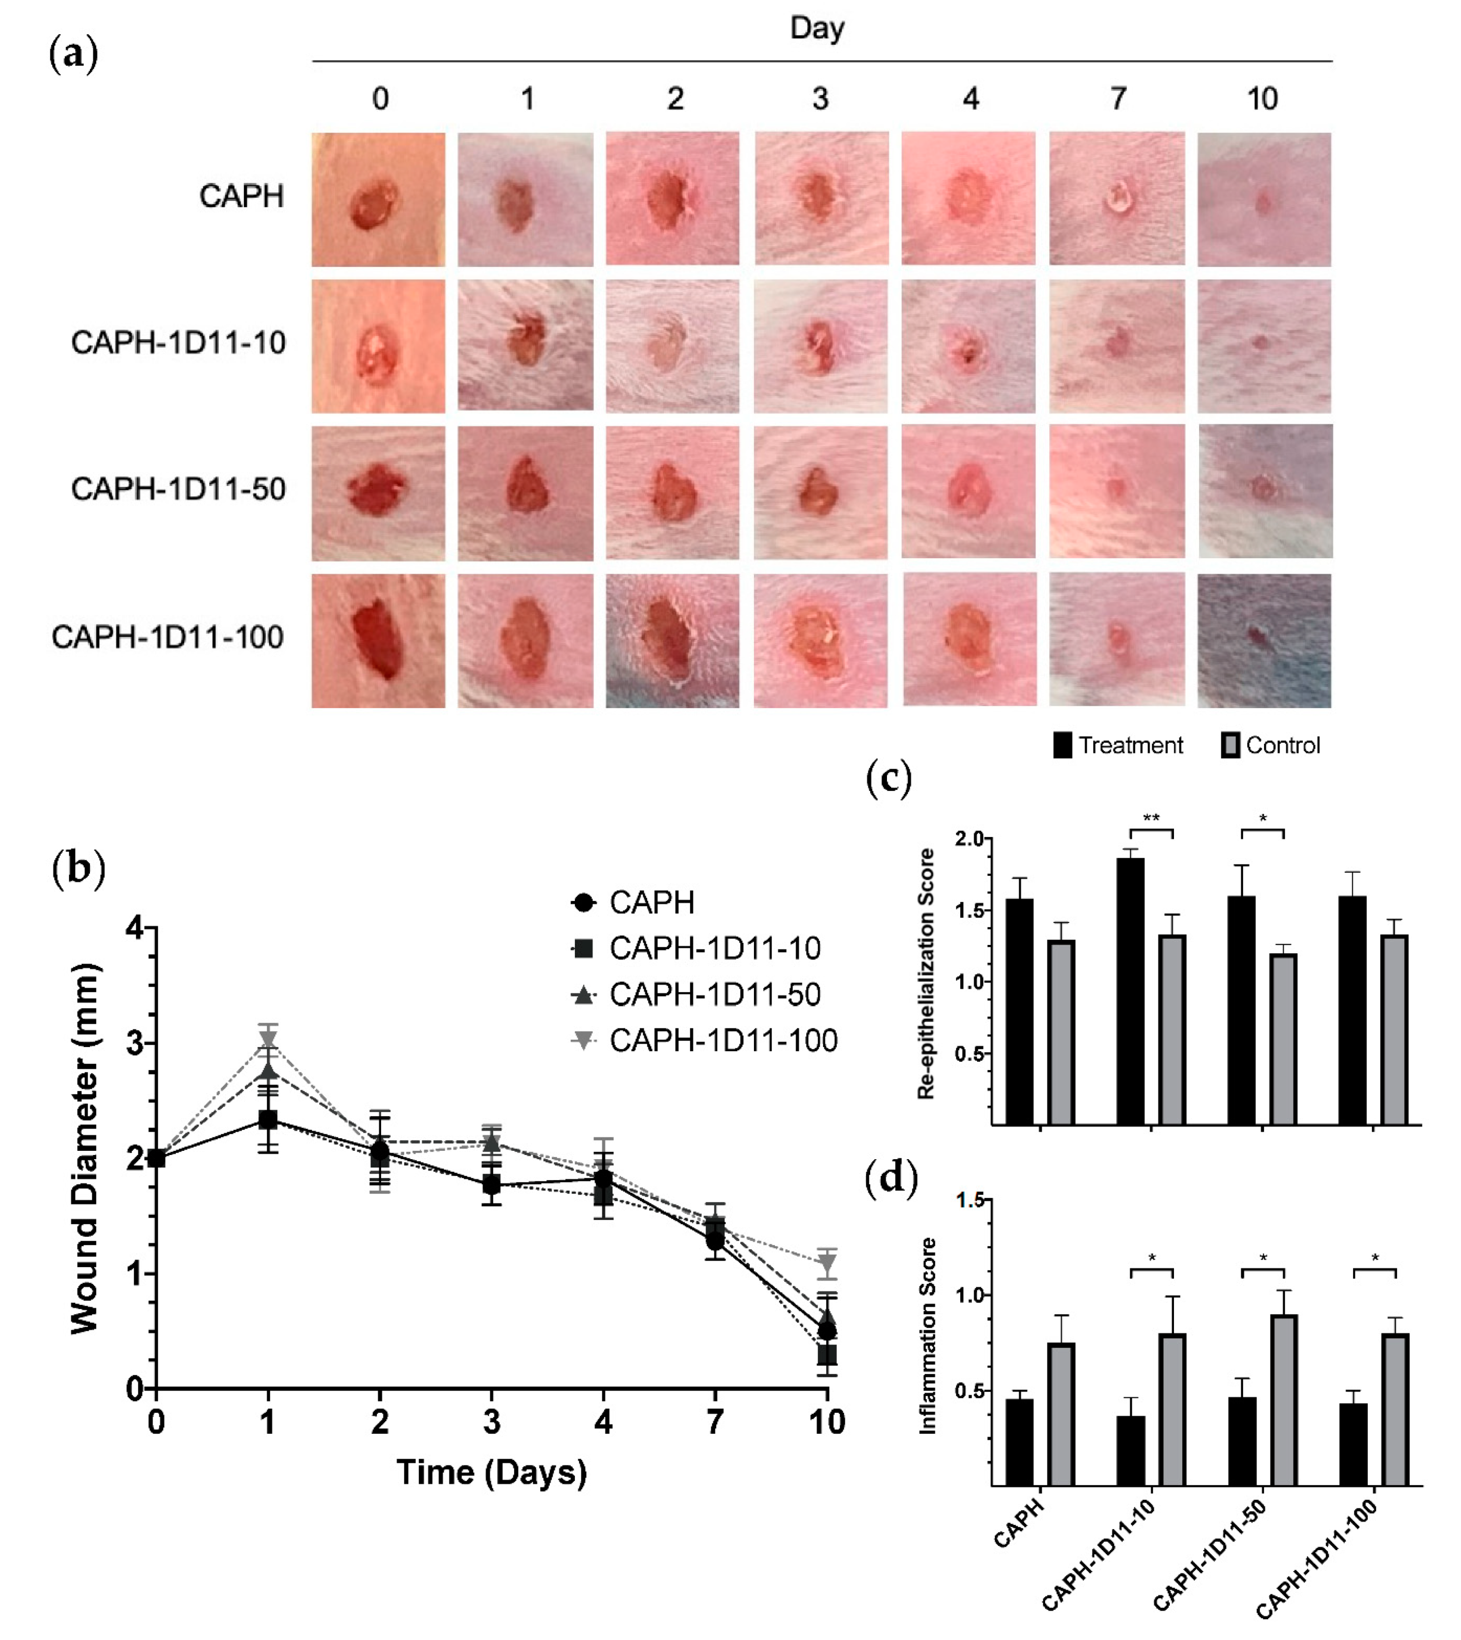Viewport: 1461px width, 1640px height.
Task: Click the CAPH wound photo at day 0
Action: tap(378, 200)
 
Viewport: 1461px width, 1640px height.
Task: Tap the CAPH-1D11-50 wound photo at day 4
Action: tap(968, 491)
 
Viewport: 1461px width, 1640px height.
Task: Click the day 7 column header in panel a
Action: tap(1117, 99)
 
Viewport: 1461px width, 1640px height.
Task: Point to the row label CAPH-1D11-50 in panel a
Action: tap(178, 489)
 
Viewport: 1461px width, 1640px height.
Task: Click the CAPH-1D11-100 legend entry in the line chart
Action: tap(722, 1040)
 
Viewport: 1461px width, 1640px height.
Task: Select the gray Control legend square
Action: tap(1230, 745)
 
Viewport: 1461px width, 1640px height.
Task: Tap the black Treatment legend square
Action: tap(1062, 745)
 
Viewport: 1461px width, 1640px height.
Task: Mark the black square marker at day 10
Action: tap(827, 1355)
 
